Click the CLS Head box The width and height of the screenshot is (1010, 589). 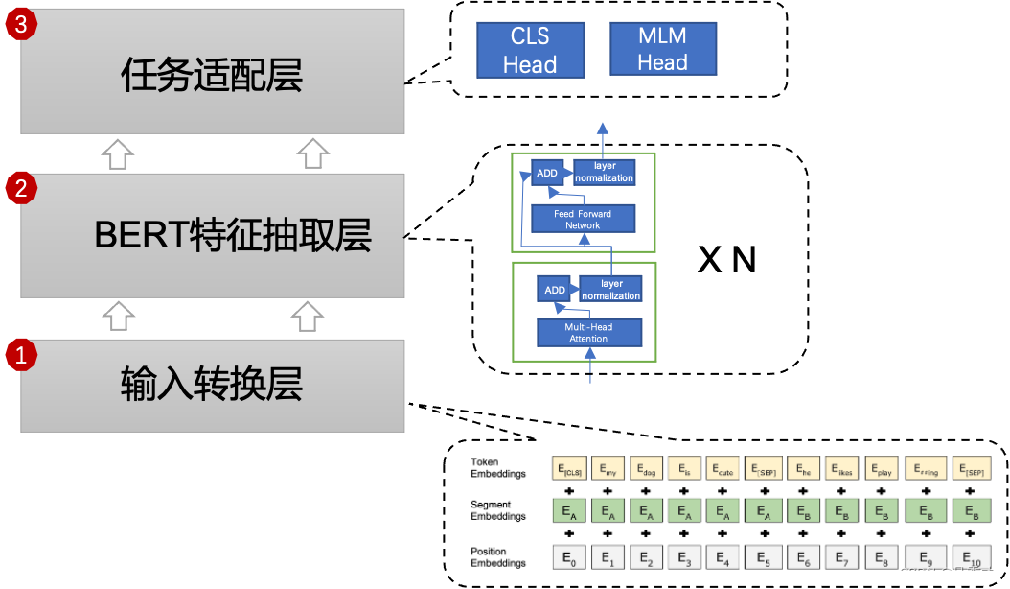click(530, 50)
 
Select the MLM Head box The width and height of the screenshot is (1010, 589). click(662, 49)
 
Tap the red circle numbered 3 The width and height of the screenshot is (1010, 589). click(21, 24)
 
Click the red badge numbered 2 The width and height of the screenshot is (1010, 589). click(21, 188)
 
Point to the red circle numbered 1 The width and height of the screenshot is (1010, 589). click(21, 356)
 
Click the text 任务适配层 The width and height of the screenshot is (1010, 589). click(212, 75)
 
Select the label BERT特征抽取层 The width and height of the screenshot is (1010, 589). click(233, 235)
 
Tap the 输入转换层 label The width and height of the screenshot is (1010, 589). click(212, 384)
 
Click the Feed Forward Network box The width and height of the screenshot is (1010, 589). click(583, 219)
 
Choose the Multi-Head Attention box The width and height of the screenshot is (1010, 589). click(588, 332)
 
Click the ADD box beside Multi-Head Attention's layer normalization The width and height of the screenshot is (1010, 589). click(555, 290)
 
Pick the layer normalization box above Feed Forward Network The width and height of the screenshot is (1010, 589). click(604, 172)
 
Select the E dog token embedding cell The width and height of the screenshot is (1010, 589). click(647, 468)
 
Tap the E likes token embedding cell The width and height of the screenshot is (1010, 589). click(842, 468)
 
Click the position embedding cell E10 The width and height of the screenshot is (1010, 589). click(972, 557)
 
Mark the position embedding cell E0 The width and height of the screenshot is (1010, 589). click(568, 557)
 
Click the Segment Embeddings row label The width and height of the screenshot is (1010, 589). click(498, 510)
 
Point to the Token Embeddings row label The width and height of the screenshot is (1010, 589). click(498, 467)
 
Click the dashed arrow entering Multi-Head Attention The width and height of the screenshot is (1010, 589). click(589, 369)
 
